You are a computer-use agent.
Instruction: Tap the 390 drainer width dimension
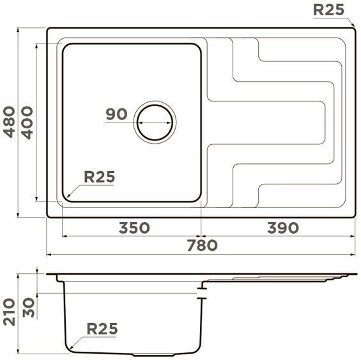point(282,228)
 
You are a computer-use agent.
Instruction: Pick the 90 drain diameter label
point(116,114)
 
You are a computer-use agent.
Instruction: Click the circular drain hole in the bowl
point(154,121)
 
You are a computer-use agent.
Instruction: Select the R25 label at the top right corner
point(329,10)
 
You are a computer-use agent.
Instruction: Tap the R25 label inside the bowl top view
point(99,177)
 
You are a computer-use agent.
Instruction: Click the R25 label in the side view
point(102,329)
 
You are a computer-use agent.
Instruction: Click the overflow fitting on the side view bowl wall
point(203,292)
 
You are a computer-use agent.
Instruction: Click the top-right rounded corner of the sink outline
point(351,30)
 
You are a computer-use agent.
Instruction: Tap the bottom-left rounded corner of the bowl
point(65,199)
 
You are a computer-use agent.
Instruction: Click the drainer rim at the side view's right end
point(346,276)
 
